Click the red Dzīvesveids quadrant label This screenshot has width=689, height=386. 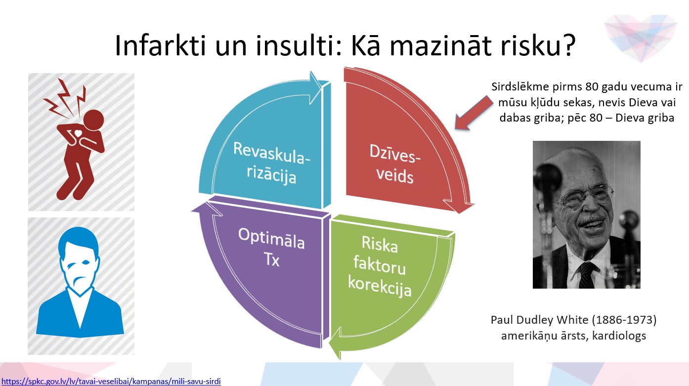395,164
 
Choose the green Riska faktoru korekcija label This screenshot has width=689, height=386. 380,266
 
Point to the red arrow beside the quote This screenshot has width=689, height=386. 473,113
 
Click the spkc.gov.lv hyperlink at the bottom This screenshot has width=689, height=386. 111,382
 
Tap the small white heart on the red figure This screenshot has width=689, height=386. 79,133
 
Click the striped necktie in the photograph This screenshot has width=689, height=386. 587,276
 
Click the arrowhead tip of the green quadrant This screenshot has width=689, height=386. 340,359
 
